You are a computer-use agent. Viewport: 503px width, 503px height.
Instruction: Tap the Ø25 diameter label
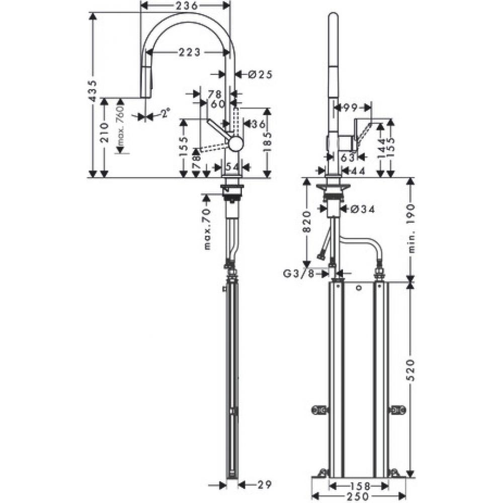pos(260,74)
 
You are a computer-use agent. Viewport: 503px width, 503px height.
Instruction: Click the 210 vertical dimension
pos(104,133)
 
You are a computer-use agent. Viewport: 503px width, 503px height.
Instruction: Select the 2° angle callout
pos(164,114)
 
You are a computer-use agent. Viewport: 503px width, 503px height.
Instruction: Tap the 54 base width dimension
pos(232,166)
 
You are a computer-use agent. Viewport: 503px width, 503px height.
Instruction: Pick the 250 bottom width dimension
pos(360,497)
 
